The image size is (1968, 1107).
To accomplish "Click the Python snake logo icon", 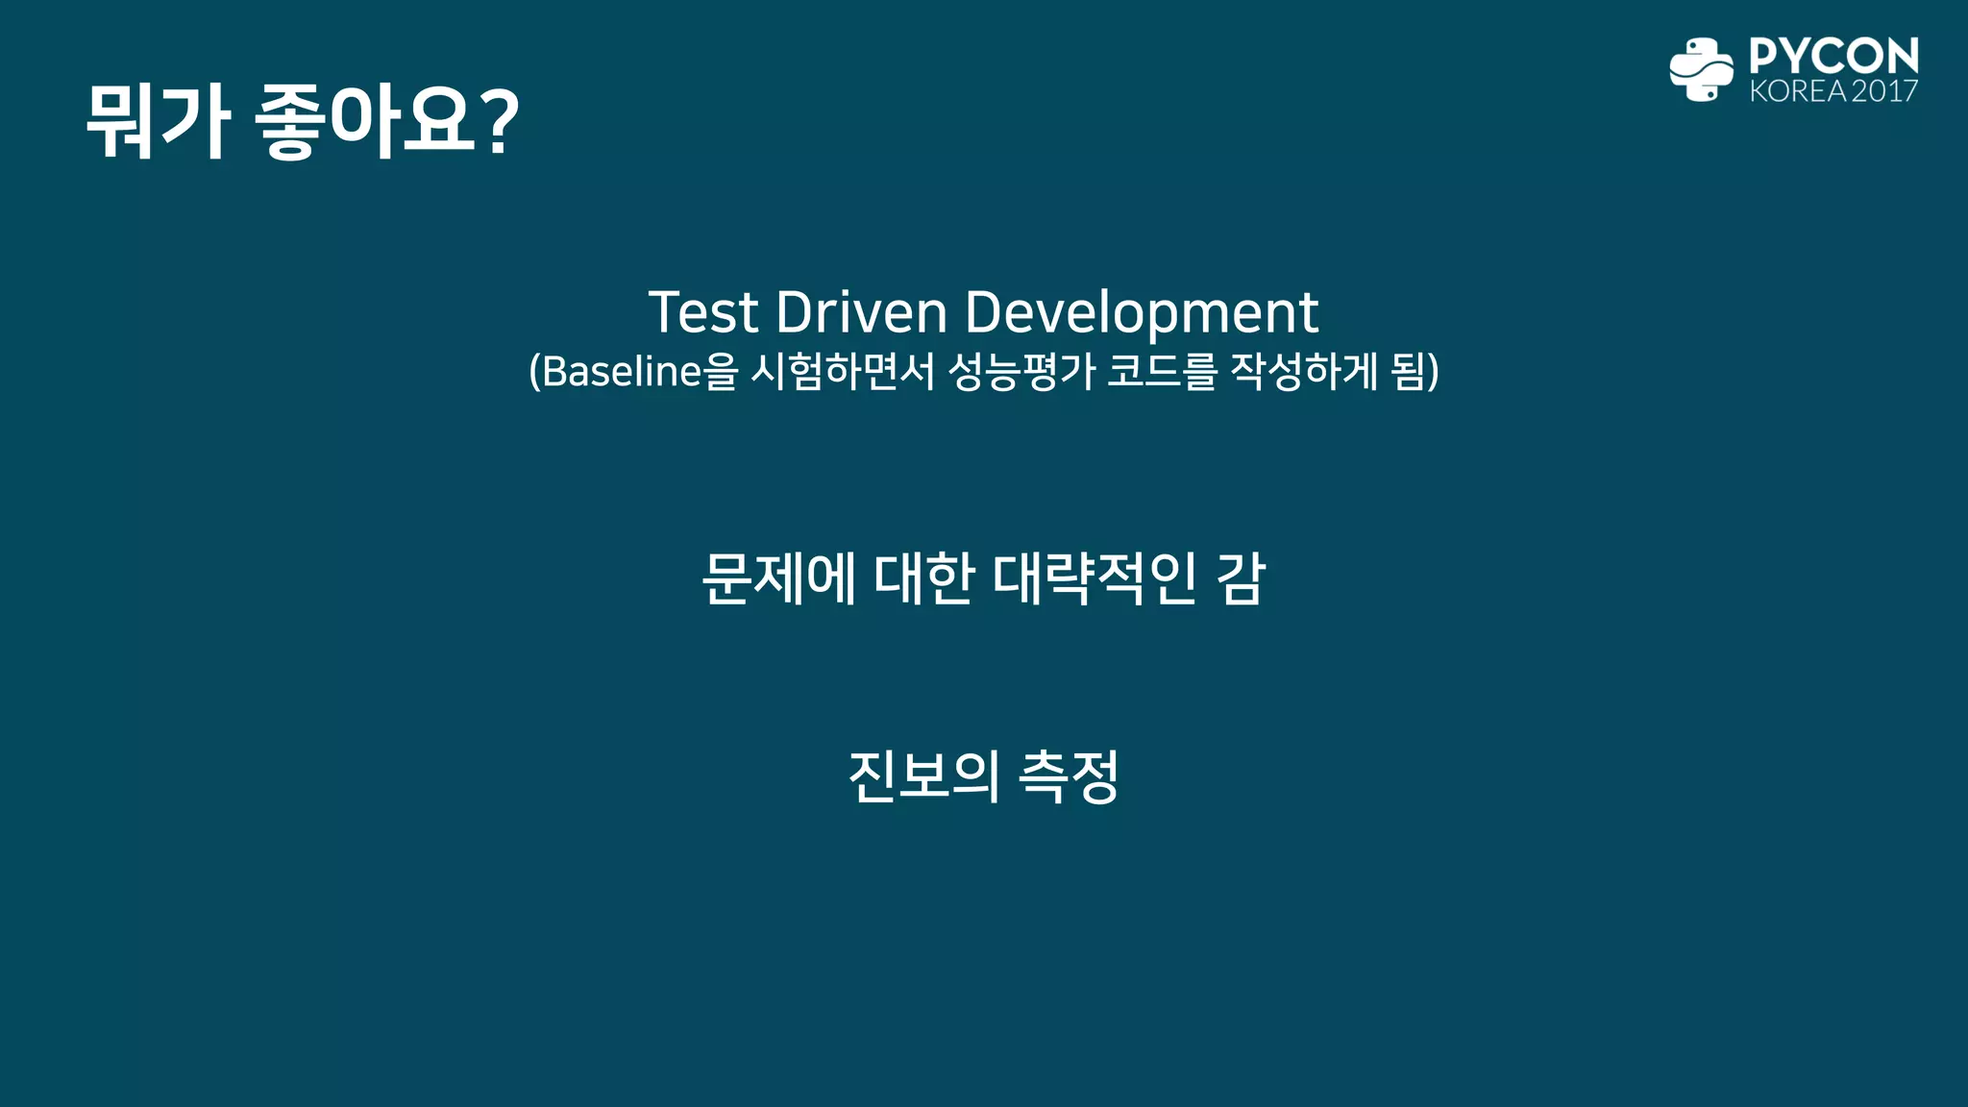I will (1701, 69).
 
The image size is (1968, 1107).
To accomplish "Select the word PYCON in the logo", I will (1833, 56).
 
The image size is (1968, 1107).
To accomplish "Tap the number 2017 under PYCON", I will (1884, 91).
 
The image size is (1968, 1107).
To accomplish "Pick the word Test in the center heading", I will (703, 312).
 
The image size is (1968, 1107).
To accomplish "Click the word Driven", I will (861, 312).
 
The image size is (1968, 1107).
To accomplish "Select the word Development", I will (1141, 312).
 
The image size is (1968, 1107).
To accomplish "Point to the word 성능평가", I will (1021, 371).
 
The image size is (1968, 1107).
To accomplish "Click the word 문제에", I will (779, 578).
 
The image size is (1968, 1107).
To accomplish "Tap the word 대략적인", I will (1095, 578).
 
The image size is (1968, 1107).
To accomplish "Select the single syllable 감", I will (1241, 578).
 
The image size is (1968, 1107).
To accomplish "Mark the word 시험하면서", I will (842, 371).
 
